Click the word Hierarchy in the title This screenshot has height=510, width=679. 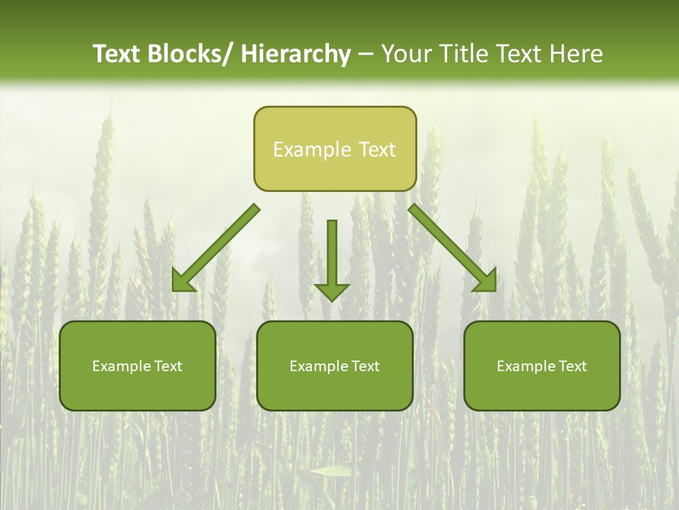(x=296, y=54)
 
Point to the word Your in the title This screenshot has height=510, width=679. (x=406, y=54)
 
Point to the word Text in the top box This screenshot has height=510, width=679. (x=376, y=149)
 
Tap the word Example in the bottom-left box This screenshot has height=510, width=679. (x=121, y=366)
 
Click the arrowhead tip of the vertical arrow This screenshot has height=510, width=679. (x=332, y=300)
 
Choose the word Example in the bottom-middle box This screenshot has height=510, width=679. (x=318, y=366)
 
